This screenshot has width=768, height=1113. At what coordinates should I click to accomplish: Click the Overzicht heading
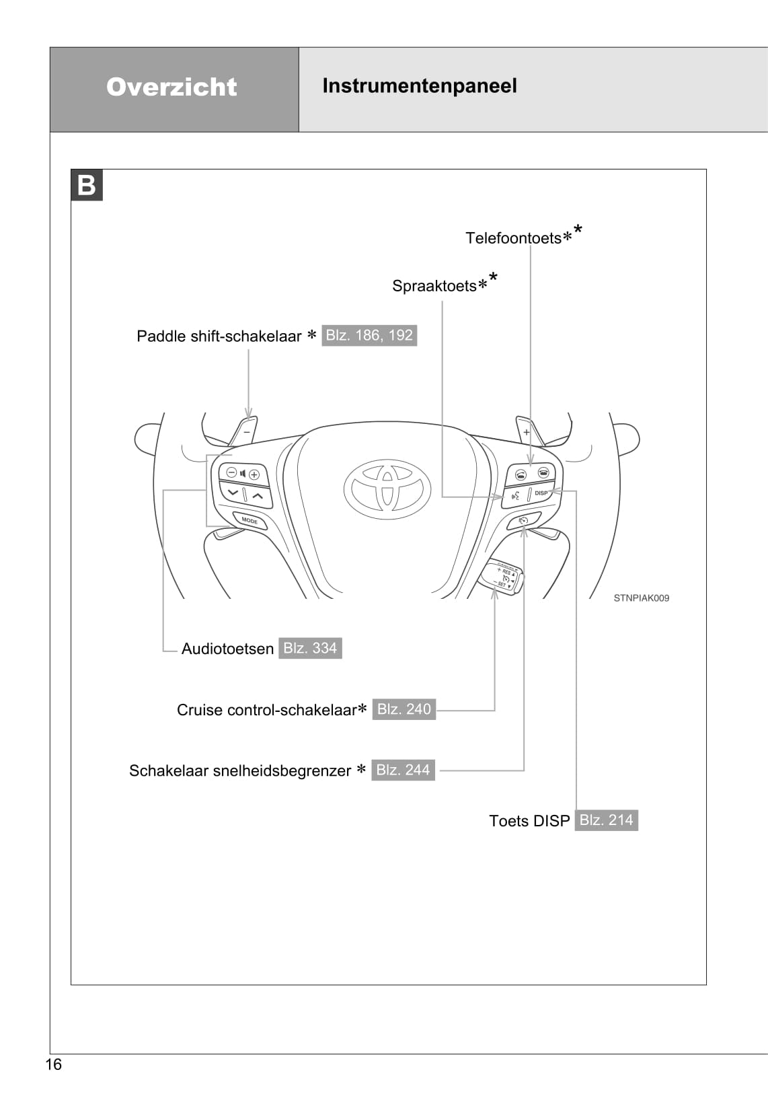[171, 87]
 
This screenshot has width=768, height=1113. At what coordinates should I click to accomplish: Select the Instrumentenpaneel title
[419, 86]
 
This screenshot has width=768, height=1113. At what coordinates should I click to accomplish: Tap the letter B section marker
[87, 185]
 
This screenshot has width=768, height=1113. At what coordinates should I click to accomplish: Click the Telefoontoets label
[513, 238]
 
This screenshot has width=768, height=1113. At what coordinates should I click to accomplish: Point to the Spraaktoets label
[434, 286]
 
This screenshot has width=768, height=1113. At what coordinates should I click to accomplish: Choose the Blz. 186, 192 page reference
[369, 335]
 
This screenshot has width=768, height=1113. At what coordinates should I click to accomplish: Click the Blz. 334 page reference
[310, 648]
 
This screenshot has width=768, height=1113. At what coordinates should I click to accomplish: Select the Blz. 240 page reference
[404, 709]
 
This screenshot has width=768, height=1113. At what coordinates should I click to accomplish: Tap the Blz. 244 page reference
[403, 770]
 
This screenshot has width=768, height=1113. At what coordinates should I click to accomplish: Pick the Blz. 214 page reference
[606, 820]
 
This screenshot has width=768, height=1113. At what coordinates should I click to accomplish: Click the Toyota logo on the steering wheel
[387, 489]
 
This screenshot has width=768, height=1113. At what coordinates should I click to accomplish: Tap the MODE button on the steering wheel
[249, 521]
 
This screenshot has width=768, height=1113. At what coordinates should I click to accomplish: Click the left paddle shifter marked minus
[245, 431]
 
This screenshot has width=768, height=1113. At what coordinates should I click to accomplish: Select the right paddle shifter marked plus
[528, 431]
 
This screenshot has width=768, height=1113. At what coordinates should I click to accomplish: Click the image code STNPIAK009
[641, 598]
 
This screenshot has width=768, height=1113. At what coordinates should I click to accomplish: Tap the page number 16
[53, 1065]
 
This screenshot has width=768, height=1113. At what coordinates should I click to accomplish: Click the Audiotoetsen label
[227, 649]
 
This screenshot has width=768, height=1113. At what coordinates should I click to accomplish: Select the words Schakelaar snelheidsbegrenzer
[239, 771]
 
